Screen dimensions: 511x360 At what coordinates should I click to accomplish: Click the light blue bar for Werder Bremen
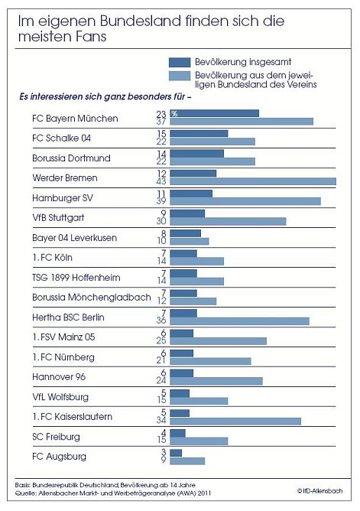point(253,181)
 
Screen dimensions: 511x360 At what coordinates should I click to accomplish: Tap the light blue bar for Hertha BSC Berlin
point(239,321)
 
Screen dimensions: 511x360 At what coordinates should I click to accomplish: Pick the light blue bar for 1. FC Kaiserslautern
point(235,421)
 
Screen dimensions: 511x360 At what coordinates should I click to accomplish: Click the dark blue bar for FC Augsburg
point(176,452)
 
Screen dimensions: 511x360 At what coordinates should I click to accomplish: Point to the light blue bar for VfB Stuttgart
point(228,221)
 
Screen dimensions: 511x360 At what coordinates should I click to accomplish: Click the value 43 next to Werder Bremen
point(161,181)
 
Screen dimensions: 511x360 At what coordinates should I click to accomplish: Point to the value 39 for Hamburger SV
point(161,201)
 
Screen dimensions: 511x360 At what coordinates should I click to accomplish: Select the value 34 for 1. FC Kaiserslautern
point(161,421)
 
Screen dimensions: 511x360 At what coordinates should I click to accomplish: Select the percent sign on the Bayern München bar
point(174,114)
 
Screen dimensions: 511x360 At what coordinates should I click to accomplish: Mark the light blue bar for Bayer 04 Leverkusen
point(189,241)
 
